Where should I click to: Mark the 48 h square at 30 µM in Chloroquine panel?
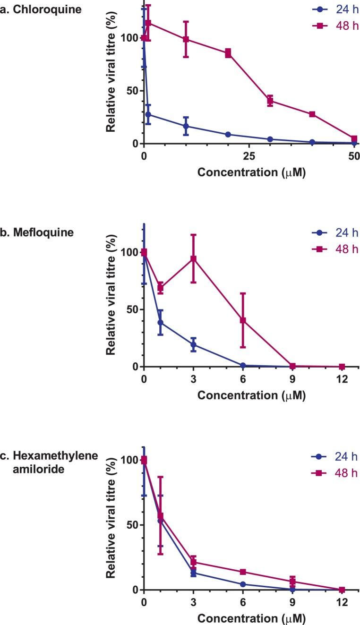(270, 100)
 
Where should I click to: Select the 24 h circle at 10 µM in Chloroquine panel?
(186, 126)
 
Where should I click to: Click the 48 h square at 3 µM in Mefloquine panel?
(193, 258)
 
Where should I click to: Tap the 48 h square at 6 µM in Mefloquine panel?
(243, 320)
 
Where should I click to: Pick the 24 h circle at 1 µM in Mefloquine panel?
(160, 323)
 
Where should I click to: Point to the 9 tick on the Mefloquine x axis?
(292, 379)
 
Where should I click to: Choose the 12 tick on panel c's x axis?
(342, 603)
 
